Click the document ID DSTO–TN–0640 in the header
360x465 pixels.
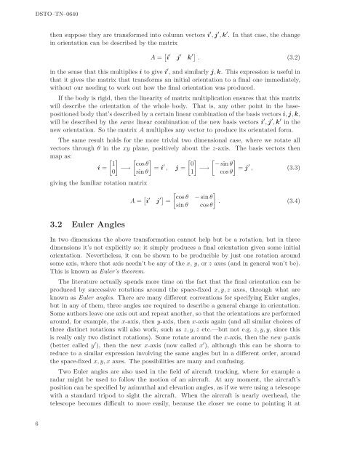click(x=35, y=10)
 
